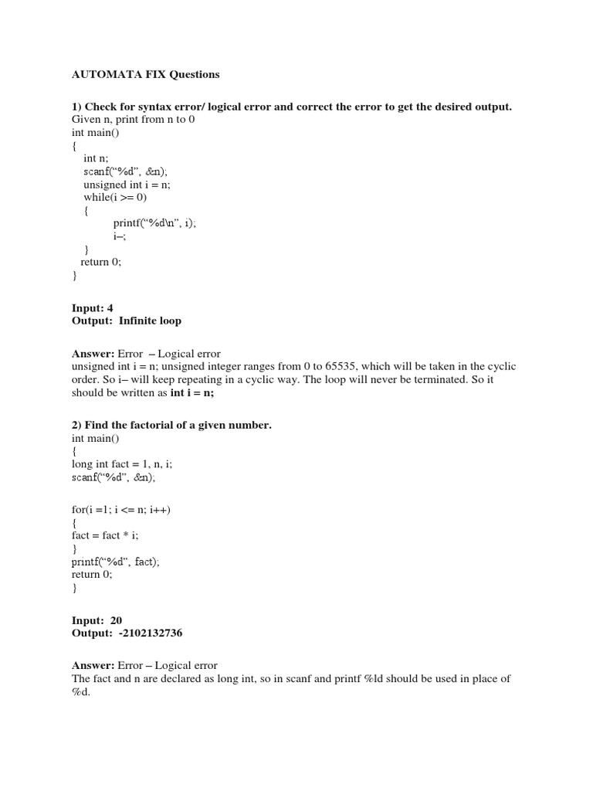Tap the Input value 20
coord(115,620)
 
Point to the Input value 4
coord(110,307)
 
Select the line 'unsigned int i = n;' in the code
coord(127,185)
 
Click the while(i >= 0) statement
coord(115,197)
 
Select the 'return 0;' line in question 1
coord(101,262)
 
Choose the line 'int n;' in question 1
coord(97,158)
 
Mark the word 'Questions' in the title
coord(194,75)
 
